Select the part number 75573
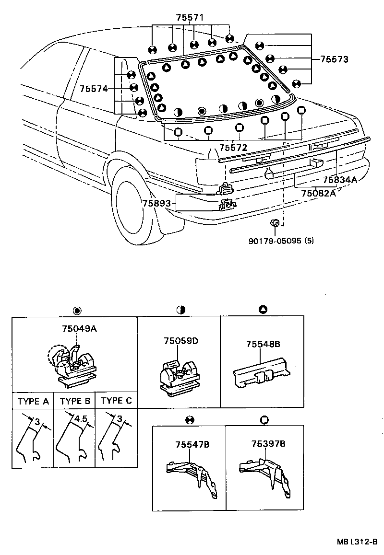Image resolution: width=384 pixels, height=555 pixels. pyautogui.click(x=332, y=59)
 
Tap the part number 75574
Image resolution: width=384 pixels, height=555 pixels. pyautogui.click(x=94, y=89)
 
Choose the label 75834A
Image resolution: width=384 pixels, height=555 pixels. pyautogui.click(x=340, y=180)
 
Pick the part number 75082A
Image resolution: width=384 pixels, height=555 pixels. pyautogui.click(x=319, y=193)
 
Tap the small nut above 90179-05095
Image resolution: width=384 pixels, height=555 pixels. pyautogui.click(x=276, y=223)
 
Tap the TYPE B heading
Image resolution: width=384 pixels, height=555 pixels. pyautogui.click(x=74, y=401)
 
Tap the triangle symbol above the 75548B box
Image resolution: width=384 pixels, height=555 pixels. pyautogui.click(x=263, y=310)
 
